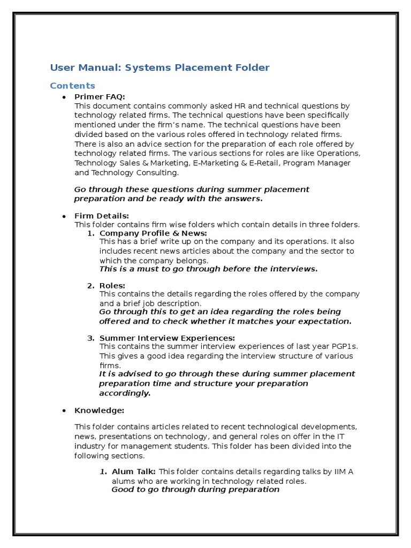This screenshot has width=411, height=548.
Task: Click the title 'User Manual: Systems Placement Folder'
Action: (x=159, y=67)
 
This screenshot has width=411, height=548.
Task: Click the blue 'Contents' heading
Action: (x=72, y=86)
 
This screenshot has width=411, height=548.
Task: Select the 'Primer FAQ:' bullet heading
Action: (x=100, y=96)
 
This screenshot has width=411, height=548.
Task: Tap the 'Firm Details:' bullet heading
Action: (x=102, y=216)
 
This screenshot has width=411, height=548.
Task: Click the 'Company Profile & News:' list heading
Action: (x=153, y=233)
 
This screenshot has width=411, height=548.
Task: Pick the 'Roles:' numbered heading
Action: (x=112, y=286)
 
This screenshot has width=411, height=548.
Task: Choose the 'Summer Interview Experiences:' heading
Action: (x=167, y=338)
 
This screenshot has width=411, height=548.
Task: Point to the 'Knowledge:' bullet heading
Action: (x=99, y=410)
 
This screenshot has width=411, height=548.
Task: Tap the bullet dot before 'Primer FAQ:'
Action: (x=64, y=97)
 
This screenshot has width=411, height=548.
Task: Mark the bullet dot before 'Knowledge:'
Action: (x=64, y=410)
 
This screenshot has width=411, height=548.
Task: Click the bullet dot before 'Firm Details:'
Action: (x=64, y=216)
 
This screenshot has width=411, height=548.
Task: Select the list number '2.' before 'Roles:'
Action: (x=90, y=286)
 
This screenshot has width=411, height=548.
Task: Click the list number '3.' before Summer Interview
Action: (x=90, y=338)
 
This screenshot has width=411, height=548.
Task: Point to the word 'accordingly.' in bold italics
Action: (x=125, y=393)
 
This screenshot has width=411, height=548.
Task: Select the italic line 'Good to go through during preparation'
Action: (x=195, y=489)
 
